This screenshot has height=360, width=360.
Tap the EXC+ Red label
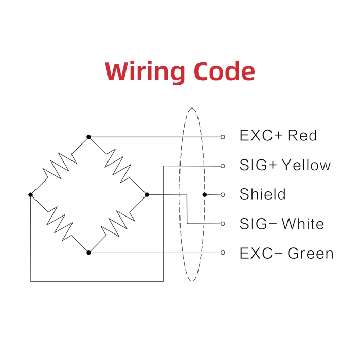tap(278, 136)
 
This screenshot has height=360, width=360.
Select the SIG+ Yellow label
tap(285, 165)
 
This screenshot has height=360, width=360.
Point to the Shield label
tap(262, 194)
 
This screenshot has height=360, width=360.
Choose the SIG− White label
tap(282, 224)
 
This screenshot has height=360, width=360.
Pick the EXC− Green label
tap(286, 253)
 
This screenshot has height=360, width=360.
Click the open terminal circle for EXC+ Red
tap(223, 137)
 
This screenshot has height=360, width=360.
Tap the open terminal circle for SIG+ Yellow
tap(223, 166)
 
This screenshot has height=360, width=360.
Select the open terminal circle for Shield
tap(223, 195)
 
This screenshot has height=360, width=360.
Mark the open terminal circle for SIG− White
tap(223, 224)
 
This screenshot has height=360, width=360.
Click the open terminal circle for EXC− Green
tap(223, 253)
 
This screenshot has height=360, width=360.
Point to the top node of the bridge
tap(89, 137)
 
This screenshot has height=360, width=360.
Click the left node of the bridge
tap(31, 195)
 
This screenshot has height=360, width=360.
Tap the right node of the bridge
tap(147, 195)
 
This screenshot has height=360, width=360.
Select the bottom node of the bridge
tap(89, 253)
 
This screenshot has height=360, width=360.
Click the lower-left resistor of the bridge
tap(60, 224)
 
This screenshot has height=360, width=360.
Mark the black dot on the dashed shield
tap(205, 195)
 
